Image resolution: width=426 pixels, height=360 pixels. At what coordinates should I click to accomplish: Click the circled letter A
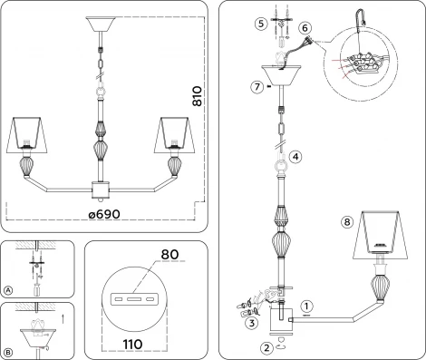click(x=8, y=290)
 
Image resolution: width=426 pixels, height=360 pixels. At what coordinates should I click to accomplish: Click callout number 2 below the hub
click(x=266, y=345)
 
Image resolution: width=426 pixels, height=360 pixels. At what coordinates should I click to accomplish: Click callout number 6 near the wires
click(x=305, y=30)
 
